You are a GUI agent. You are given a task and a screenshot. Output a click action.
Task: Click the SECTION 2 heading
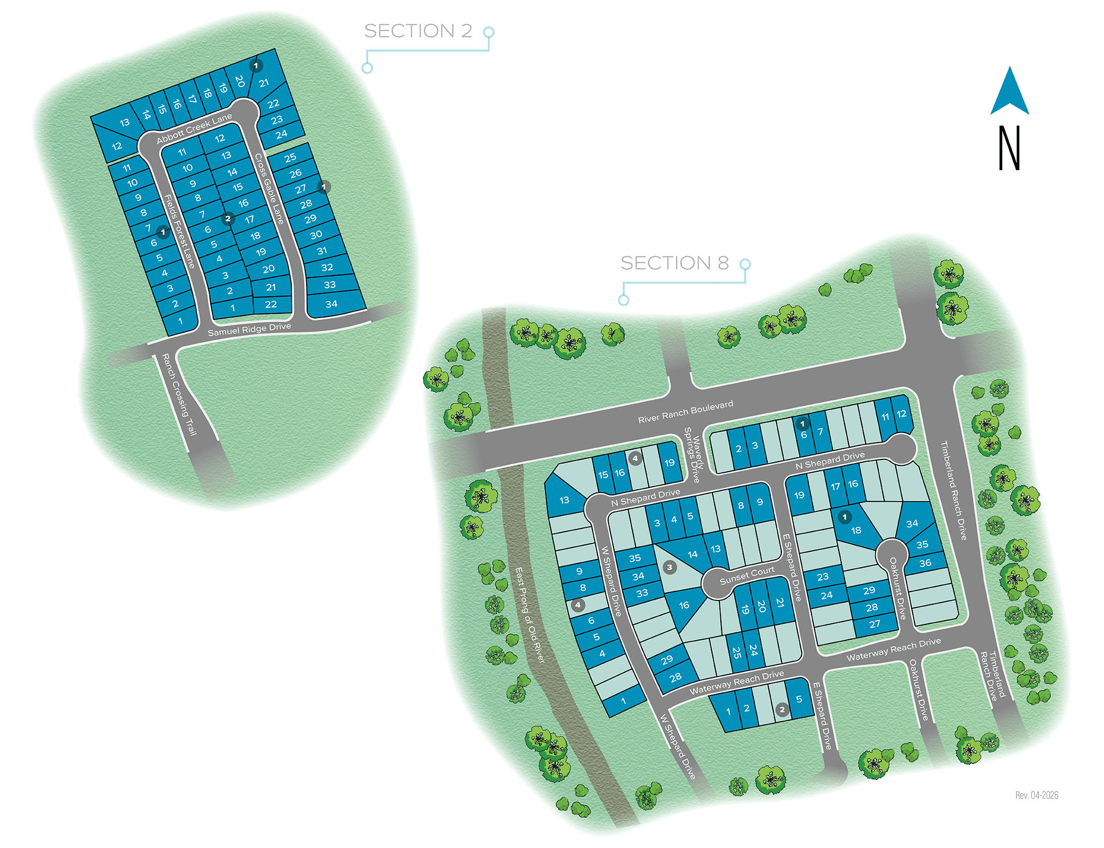pos(417,31)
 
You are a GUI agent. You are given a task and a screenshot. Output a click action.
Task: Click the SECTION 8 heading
pos(674,263)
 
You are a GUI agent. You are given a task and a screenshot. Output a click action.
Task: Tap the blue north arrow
pos(1010,92)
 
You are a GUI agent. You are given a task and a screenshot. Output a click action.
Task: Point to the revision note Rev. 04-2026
pos(1036,795)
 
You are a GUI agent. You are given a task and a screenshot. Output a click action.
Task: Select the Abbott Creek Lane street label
pos(194,129)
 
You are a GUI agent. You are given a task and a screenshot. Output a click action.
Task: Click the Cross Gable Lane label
pos(269,189)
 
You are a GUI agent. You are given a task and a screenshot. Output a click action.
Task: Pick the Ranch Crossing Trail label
pos(179,394)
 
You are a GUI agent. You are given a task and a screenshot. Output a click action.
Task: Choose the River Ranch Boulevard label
pos(685,412)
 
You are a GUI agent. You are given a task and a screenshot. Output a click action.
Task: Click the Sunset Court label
pos(747,576)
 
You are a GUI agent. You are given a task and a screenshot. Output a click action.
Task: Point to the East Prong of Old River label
pos(530,615)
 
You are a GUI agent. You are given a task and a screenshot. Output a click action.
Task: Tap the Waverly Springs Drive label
pos(693,455)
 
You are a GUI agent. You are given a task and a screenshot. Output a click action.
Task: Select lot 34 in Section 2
pos(332,304)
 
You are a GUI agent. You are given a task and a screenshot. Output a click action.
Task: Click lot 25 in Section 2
pos(290,158)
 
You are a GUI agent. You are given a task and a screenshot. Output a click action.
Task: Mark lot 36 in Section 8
pos(925,563)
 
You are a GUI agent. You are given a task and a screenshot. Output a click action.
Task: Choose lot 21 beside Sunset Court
pos(780,603)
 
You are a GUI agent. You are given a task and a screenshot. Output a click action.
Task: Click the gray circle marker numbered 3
pos(670,568)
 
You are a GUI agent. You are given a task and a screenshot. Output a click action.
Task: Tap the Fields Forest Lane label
pos(180,231)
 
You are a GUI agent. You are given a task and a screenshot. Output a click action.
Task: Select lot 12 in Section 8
pos(901,414)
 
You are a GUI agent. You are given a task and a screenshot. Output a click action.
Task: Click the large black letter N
pos(1009,148)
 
